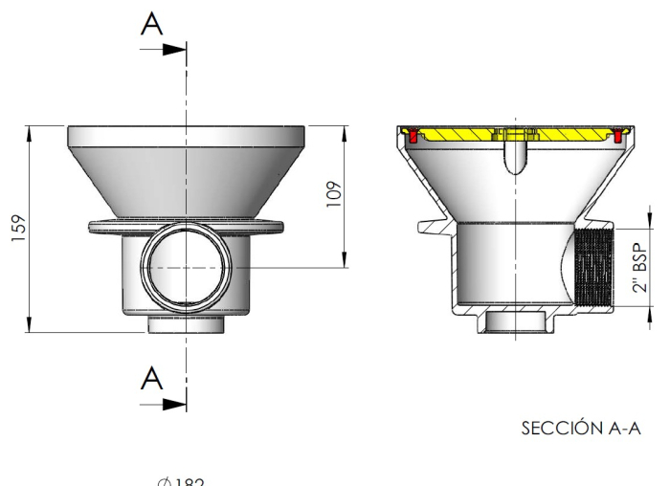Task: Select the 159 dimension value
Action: (x=16, y=229)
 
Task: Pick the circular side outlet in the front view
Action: (x=187, y=269)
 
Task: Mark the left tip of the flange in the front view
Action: (x=91, y=227)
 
